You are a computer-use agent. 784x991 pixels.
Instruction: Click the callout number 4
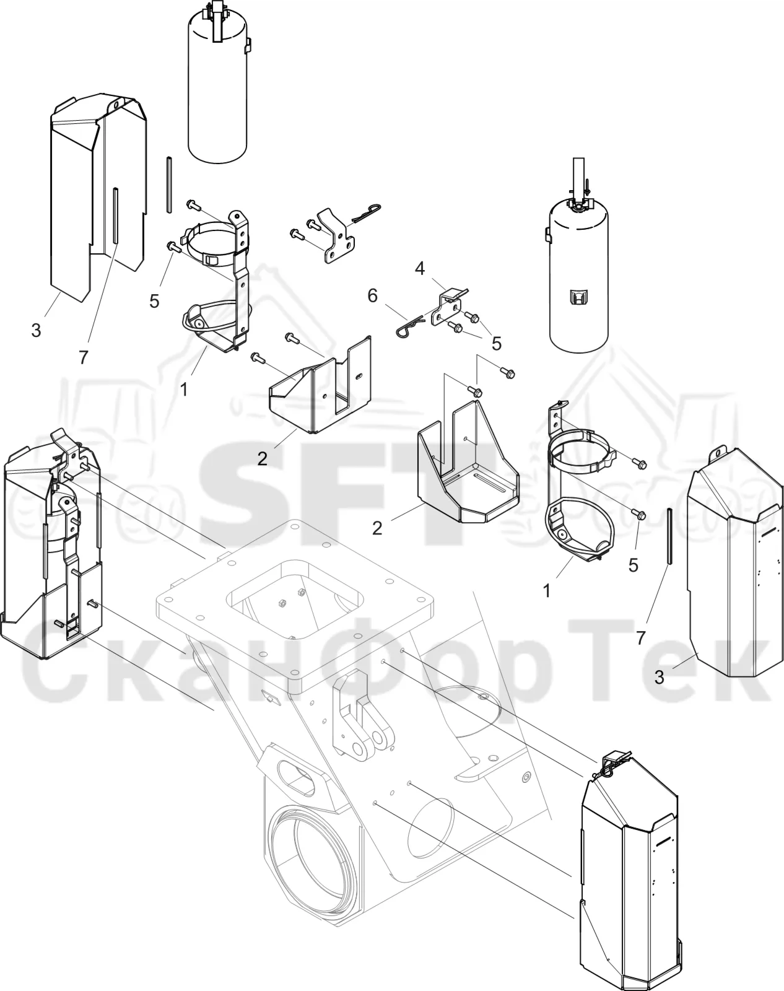tap(419, 268)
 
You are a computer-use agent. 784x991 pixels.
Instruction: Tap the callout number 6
tap(372, 295)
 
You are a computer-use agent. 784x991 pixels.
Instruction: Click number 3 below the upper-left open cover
tap(36, 330)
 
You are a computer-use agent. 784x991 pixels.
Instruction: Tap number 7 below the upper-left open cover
tap(83, 357)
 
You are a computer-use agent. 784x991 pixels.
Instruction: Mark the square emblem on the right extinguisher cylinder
tap(577, 297)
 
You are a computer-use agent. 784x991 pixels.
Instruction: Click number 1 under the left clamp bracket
tap(184, 390)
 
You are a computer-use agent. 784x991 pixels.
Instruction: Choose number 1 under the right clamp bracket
tap(547, 591)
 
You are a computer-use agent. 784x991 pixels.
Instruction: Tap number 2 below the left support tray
tap(263, 458)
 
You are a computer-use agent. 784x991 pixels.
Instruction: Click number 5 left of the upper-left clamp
tap(154, 301)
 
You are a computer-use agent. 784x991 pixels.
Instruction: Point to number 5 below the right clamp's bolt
tap(634, 565)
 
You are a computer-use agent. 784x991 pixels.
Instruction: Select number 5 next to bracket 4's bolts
tap(496, 344)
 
